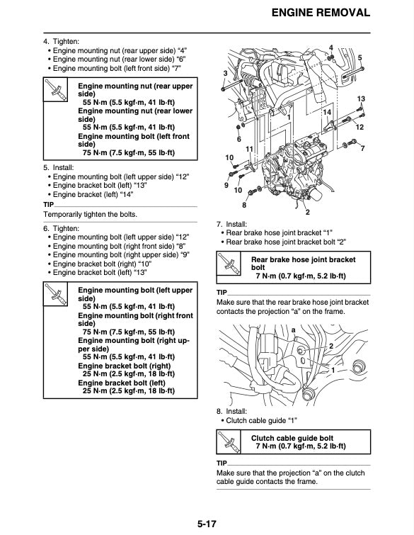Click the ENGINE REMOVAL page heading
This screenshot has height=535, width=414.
321,13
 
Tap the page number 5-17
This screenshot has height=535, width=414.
207,524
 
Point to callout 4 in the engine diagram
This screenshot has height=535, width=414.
331,47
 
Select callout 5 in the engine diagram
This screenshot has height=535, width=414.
360,57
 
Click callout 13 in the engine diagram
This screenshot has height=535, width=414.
361,98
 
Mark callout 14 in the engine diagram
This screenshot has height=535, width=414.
326,113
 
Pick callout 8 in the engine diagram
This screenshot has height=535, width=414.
244,205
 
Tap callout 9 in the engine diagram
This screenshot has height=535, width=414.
226,185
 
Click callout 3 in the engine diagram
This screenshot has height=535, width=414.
225,74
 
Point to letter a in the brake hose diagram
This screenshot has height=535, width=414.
293,330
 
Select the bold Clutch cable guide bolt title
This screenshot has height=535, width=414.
292,438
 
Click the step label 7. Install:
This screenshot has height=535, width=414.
231,224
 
